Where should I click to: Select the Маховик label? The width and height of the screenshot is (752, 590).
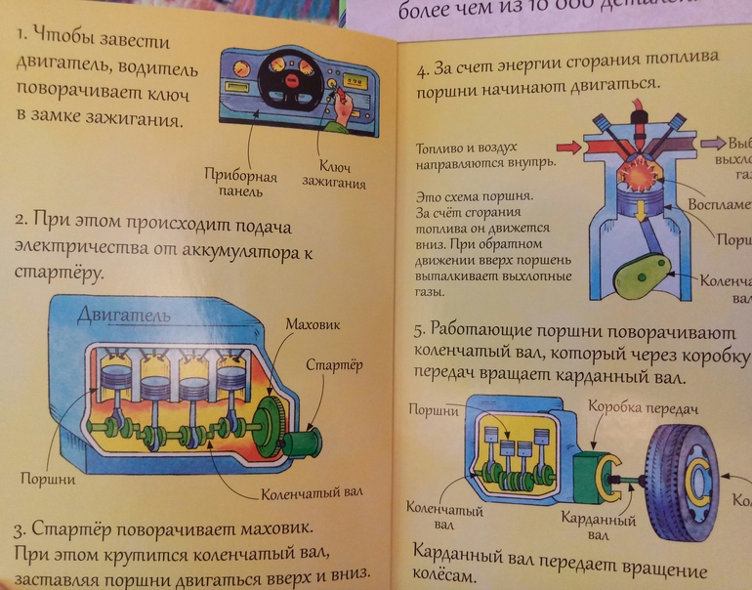click(x=313, y=322)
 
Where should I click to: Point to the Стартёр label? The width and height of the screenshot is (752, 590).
click(x=335, y=365)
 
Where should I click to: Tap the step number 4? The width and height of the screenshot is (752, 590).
click(x=423, y=70)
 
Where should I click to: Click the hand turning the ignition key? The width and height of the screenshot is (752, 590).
click(x=343, y=115)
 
